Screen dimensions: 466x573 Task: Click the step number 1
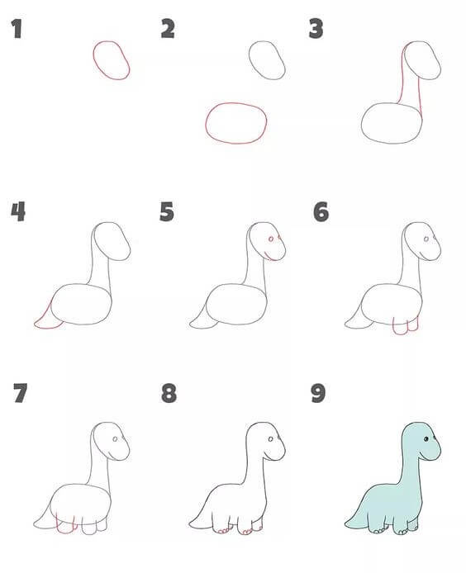[x=17, y=29]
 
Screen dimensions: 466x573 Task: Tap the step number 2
[x=168, y=29]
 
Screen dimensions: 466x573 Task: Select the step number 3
[x=316, y=29]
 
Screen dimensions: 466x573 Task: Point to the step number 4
[x=18, y=211]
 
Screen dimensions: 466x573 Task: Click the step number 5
[x=167, y=211]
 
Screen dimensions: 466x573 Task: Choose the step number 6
[x=321, y=211]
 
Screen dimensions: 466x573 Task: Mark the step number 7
[x=20, y=393]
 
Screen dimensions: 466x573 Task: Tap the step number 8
[x=169, y=393]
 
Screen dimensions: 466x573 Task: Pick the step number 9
[x=318, y=393]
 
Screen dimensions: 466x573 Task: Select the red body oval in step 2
[x=206, y=122]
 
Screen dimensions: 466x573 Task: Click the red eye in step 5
[x=271, y=239]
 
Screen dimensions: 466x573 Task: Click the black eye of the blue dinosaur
[x=426, y=439]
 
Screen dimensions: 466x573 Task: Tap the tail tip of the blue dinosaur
[x=345, y=525]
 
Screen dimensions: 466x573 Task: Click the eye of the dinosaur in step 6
[x=426, y=239]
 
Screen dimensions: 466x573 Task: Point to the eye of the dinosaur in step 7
[x=115, y=439]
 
